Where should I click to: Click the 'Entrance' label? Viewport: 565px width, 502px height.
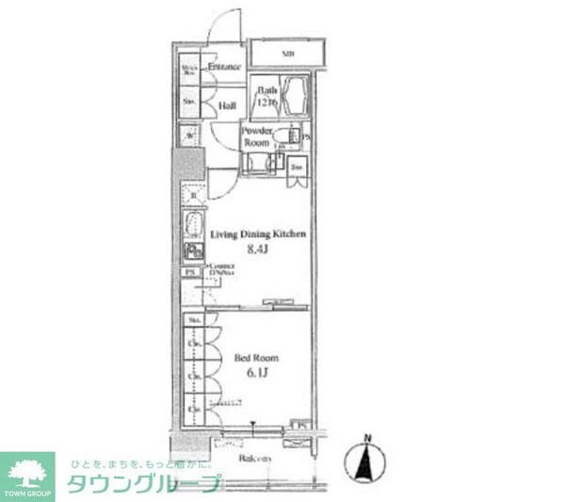point(225,68)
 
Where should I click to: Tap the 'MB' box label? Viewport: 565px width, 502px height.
point(286,53)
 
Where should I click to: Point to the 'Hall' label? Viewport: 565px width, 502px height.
point(227,106)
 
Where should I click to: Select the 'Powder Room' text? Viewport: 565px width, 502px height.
point(256,138)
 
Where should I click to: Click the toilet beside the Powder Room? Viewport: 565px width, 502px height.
point(282,141)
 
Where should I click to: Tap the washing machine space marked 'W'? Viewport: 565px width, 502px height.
point(190,135)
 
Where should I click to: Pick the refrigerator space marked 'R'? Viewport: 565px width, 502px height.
point(192,196)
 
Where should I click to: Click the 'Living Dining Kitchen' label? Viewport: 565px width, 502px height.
point(258,235)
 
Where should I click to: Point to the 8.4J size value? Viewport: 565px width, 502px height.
point(258,250)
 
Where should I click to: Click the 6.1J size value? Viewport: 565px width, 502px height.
point(257,374)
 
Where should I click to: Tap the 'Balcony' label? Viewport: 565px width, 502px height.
point(255,459)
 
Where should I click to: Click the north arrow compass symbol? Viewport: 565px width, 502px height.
point(368,462)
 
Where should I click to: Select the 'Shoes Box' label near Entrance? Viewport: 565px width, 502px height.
point(189,69)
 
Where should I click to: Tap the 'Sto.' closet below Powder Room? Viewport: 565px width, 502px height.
point(297,168)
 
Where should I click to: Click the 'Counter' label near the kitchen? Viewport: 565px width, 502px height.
point(222,269)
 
